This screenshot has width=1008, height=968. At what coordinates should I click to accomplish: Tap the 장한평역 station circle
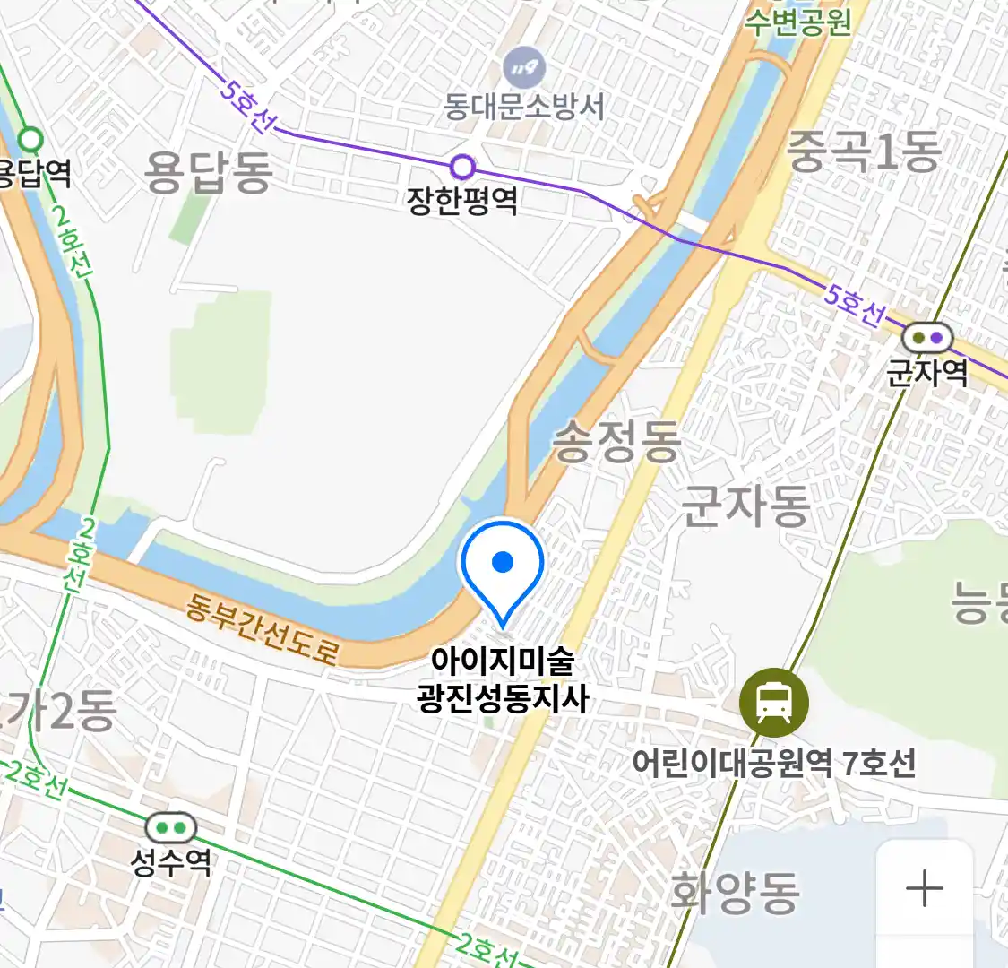pos(462,167)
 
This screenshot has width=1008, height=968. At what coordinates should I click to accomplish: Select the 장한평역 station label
pos(462,200)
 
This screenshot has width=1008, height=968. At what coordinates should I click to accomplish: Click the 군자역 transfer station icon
pos(927,338)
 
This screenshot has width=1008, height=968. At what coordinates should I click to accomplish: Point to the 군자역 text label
pos(927,371)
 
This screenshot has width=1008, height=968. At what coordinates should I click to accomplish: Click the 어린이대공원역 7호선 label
pos(774,764)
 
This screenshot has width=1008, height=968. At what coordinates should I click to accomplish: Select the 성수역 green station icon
pos(170,828)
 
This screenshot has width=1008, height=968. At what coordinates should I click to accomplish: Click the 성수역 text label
pos(170,862)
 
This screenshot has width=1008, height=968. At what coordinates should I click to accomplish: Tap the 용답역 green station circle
pos(31,140)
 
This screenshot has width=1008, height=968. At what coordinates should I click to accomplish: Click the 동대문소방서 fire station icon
pos(524,69)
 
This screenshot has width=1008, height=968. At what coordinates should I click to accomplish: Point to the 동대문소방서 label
pos(524,108)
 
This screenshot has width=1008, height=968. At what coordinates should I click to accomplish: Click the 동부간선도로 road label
pos(262,629)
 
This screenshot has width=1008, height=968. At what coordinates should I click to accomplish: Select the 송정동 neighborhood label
pos(616,442)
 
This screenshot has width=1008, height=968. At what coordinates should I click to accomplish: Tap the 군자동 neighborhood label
pos(745,506)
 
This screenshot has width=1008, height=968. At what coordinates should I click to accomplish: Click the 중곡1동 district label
pos(864,151)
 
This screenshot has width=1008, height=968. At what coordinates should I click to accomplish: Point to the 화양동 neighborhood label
pos(735,892)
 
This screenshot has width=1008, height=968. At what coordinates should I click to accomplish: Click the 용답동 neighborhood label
pos(208,172)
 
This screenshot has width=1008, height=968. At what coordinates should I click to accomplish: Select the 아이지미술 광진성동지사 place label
pos(503,679)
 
